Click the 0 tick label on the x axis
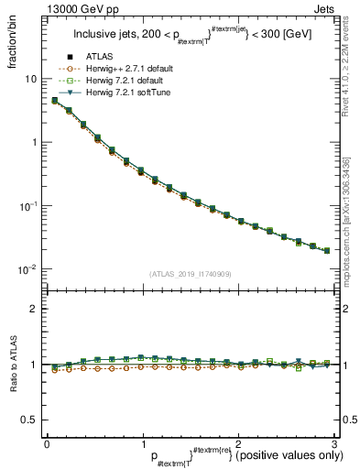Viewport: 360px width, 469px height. [x=47, y=442]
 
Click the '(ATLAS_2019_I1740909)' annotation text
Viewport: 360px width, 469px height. [x=190, y=274]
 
